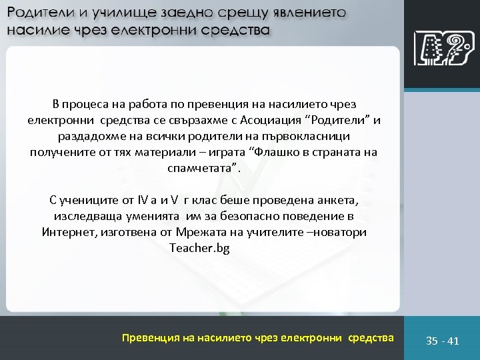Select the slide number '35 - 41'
(x=443, y=341)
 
